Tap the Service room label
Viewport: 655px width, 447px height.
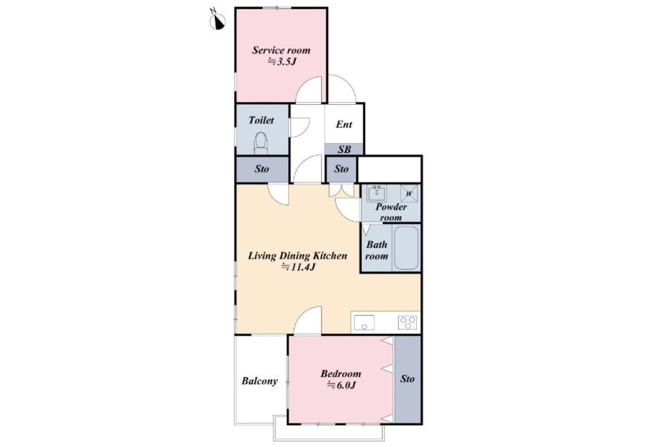click(x=281, y=50)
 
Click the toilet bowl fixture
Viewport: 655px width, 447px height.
click(x=261, y=143)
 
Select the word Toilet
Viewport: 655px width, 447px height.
click(x=261, y=120)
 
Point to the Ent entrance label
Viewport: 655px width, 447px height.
click(x=344, y=124)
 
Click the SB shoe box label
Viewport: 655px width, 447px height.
click(x=344, y=149)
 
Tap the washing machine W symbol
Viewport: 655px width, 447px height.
click(x=409, y=194)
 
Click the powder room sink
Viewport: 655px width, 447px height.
click(x=377, y=192)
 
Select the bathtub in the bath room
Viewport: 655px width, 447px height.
click(x=406, y=248)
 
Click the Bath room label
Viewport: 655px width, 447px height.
click(x=377, y=250)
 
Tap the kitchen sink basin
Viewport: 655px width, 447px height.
click(x=364, y=323)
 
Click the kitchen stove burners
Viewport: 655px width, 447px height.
click(x=407, y=323)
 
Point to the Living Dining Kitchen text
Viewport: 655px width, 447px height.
click(x=297, y=256)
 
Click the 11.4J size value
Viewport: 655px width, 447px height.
click(x=297, y=267)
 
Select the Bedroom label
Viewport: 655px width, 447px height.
click(x=341, y=374)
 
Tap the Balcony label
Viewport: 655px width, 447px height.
click(x=259, y=381)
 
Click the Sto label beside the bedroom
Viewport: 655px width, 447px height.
click(x=407, y=379)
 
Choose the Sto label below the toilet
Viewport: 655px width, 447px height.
click(x=261, y=169)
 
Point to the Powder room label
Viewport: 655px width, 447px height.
click(x=391, y=212)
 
